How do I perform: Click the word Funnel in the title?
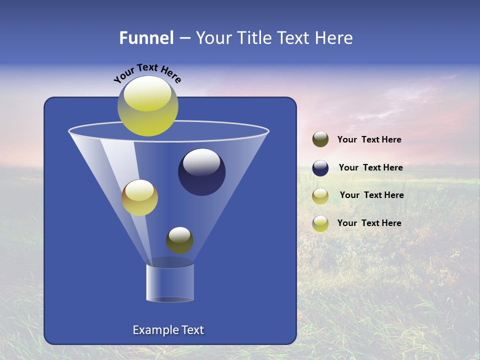click(146, 38)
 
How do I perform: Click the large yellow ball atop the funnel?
click(148, 106)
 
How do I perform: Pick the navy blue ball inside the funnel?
click(201, 172)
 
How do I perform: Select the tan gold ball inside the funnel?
click(139, 197)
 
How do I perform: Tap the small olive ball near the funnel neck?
click(179, 240)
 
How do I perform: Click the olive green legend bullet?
click(320, 139)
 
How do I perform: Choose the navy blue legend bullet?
click(320, 168)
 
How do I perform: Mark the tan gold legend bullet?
click(320, 196)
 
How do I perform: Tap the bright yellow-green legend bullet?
click(320, 223)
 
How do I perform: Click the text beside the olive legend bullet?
click(369, 140)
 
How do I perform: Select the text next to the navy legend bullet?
click(370, 167)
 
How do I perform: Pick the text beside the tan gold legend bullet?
click(371, 195)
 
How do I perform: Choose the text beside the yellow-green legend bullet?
click(369, 223)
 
